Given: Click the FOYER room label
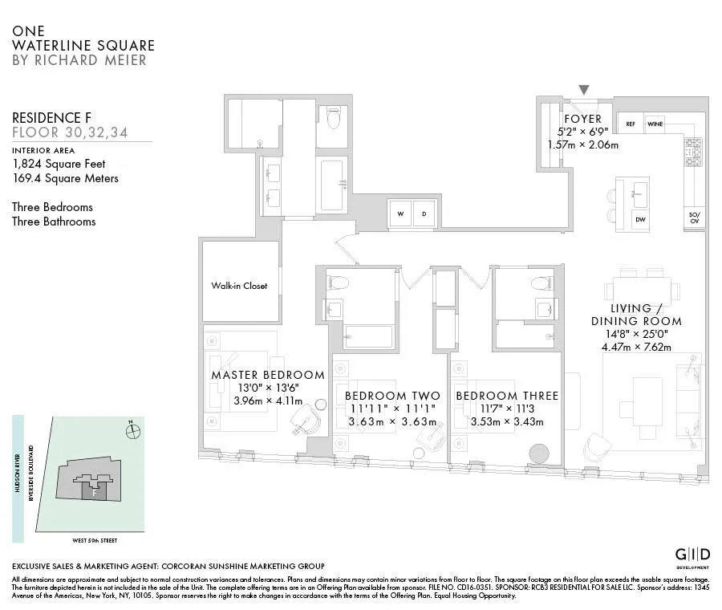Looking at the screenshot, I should pos(582,120).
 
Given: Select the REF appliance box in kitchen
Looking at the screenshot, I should pos(631,124).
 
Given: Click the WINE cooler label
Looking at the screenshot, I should pos(655,124).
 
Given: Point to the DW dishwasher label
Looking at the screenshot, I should pos(640,219).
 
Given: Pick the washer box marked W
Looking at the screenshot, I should pos(400,214).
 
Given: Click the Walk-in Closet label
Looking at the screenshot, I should pos(239,286).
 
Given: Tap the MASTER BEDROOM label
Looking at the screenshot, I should pos(268,375).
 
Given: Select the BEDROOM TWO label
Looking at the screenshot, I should pos(392,396).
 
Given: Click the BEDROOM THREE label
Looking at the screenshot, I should pos(507,396).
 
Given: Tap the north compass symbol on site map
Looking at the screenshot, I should pos(133,431).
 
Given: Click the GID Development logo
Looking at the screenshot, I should pos(692,556).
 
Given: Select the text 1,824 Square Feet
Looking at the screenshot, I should pos(59,164).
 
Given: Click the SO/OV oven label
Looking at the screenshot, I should pos(694,217).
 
